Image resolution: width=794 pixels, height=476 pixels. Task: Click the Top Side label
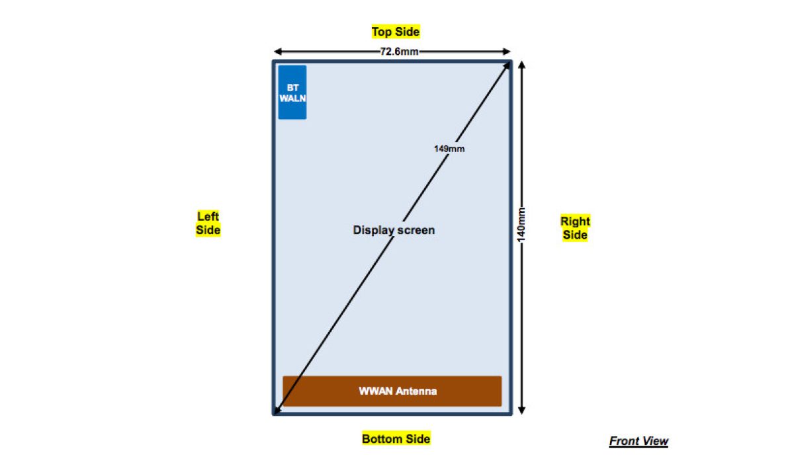pyautogui.click(x=396, y=32)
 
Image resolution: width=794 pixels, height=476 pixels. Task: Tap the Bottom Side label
pyautogui.click(x=396, y=439)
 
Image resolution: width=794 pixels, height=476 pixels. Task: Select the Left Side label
pyautogui.click(x=208, y=223)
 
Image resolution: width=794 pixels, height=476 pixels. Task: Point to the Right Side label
pyautogui.click(x=575, y=228)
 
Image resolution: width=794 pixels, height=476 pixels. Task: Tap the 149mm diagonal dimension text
pyautogui.click(x=449, y=149)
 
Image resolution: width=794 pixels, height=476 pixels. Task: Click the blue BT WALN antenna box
pyautogui.click(x=292, y=93)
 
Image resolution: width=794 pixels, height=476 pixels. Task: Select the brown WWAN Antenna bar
pyautogui.click(x=392, y=391)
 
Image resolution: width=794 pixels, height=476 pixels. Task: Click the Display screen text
pyautogui.click(x=394, y=230)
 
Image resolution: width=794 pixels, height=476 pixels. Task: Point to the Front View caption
pyautogui.click(x=639, y=442)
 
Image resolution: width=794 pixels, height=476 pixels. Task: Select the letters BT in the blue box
pyautogui.click(x=292, y=87)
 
